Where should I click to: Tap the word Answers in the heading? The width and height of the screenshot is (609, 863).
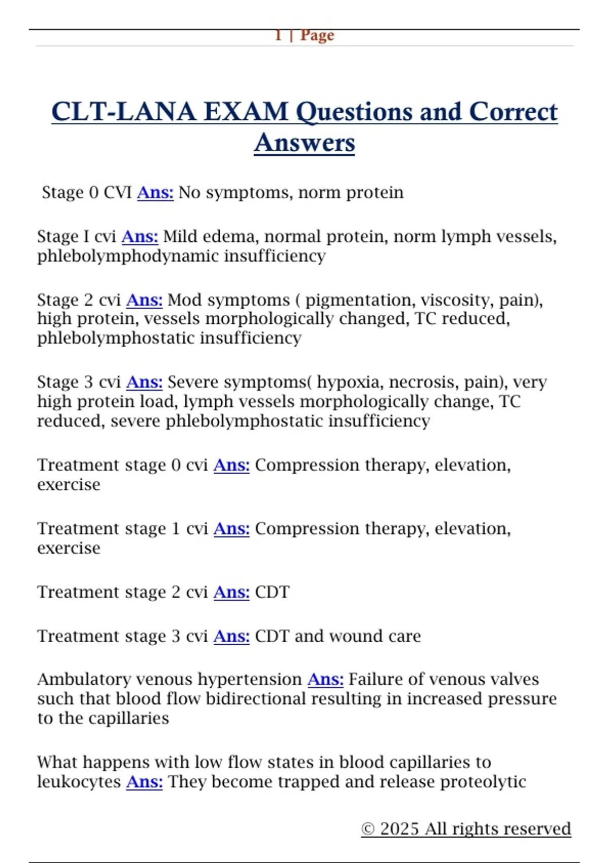304,143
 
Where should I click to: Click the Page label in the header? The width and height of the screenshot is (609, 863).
317,36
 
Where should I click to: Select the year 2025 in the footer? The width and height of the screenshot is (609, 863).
399,828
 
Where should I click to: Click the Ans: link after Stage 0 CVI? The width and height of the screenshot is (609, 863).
155,192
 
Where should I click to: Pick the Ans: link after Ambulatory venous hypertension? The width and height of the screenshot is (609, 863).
325,679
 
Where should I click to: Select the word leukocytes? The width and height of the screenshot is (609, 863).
79,782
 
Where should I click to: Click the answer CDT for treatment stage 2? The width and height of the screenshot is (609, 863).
272,592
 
